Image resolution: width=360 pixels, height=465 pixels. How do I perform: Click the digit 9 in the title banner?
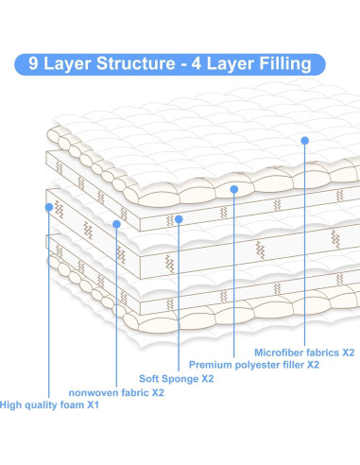33,63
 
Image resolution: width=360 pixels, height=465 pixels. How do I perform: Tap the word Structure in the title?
136,63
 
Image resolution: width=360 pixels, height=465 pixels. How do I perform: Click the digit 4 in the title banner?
197,63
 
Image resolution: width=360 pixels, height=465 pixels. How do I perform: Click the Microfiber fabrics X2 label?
304,353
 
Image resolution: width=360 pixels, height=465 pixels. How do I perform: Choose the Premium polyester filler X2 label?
254,365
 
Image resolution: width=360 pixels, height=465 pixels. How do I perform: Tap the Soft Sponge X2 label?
177,378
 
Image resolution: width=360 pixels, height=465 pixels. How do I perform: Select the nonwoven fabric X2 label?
116,392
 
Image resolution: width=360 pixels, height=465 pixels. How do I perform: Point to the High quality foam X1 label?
49,405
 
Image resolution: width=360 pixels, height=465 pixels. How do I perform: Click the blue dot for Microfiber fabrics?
304,141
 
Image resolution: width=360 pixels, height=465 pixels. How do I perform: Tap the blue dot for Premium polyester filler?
233,189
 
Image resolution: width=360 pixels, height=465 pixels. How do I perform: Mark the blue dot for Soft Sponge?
179,219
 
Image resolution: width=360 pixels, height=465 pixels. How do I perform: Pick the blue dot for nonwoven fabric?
116,224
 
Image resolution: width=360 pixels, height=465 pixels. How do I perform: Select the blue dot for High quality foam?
49,207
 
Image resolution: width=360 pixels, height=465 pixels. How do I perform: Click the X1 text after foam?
93,405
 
